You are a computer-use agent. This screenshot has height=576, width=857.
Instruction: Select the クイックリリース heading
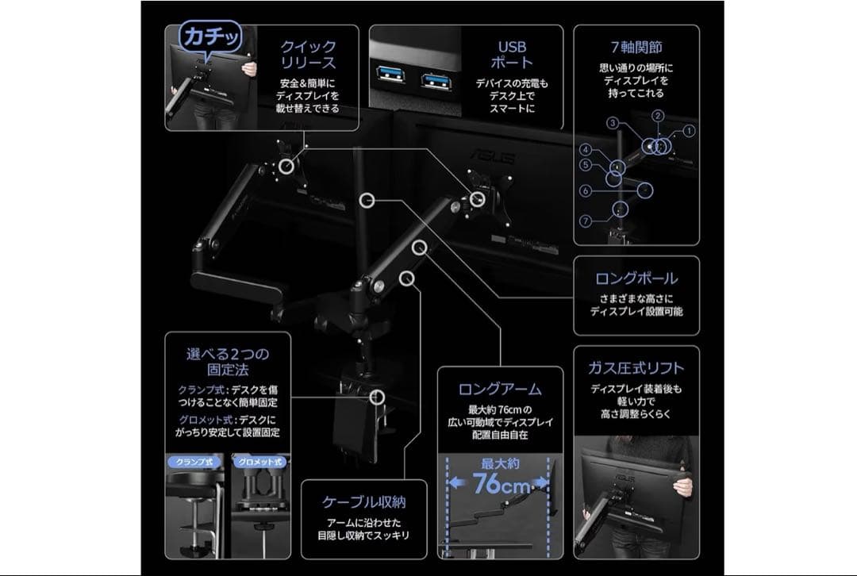(308, 54)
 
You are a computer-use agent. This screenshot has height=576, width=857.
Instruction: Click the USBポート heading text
(512, 54)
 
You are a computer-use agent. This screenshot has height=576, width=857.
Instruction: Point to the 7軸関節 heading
(636, 47)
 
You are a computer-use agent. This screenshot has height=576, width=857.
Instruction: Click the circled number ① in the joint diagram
(689, 130)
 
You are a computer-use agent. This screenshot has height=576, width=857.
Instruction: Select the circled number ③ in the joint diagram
(613, 123)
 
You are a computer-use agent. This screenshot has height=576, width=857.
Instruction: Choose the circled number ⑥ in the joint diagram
(585, 191)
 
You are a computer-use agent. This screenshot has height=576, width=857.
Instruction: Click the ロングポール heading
(636, 278)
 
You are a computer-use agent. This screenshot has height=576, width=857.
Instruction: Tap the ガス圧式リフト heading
(636, 368)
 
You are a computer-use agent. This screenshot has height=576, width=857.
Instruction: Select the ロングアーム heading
(500, 389)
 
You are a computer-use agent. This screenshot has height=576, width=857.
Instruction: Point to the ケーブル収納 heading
(363, 501)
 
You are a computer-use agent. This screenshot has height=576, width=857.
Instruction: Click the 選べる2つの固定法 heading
(227, 362)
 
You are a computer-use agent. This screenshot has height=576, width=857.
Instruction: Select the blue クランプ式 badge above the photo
(194, 462)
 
